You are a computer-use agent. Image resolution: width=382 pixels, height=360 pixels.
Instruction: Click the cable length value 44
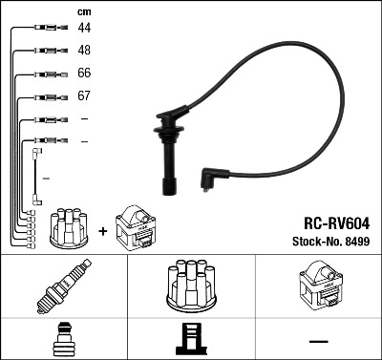[84, 28]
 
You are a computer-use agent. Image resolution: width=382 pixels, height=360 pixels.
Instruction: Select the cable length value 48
[84, 50]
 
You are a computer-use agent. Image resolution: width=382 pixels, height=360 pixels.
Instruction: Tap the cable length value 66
[84, 73]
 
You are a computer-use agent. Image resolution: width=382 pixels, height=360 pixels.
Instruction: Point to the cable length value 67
[84, 95]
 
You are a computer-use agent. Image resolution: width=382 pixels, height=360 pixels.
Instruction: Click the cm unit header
[84, 12]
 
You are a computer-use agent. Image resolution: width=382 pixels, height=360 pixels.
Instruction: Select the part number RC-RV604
[337, 223]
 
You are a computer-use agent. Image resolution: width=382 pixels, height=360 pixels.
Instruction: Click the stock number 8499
[357, 242]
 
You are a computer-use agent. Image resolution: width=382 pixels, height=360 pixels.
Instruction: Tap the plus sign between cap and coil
[103, 231]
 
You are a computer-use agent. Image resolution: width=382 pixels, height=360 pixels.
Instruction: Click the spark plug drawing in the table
[64, 286]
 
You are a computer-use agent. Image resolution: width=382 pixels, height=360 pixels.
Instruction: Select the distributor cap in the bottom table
[191, 286]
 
